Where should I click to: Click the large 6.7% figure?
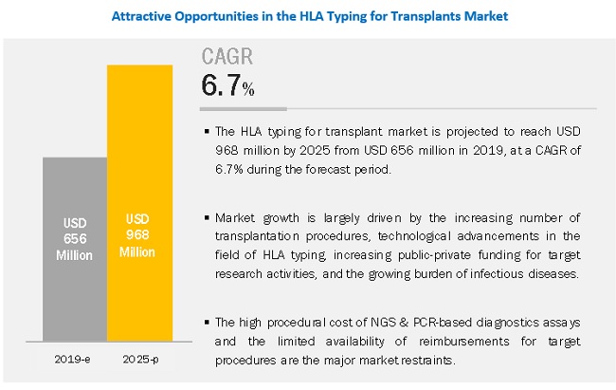(x=226, y=86)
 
